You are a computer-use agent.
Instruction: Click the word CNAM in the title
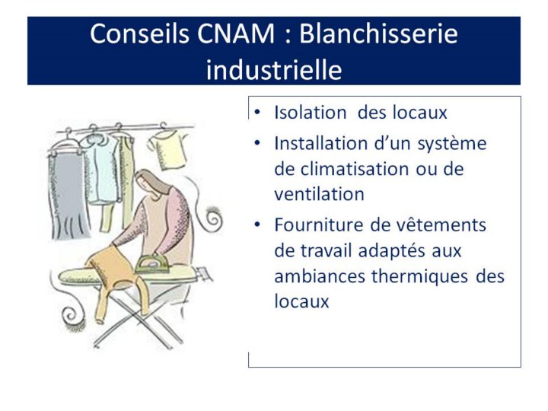(x=236, y=34)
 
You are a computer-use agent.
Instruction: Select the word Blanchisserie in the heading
(x=378, y=33)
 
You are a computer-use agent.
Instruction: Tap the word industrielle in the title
(x=274, y=69)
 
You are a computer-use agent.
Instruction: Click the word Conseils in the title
(x=139, y=33)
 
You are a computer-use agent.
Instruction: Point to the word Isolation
(x=311, y=113)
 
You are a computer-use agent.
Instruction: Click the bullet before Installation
(x=257, y=143)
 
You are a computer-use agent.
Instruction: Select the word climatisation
(x=355, y=169)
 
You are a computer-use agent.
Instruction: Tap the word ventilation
(x=319, y=194)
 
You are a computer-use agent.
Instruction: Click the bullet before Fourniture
(x=257, y=225)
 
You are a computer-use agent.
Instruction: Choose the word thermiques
(x=419, y=276)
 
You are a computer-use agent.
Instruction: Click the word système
(x=452, y=144)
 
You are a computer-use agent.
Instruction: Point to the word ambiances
(x=320, y=276)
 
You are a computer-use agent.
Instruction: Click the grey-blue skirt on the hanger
(x=68, y=196)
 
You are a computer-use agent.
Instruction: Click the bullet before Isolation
(x=257, y=112)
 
